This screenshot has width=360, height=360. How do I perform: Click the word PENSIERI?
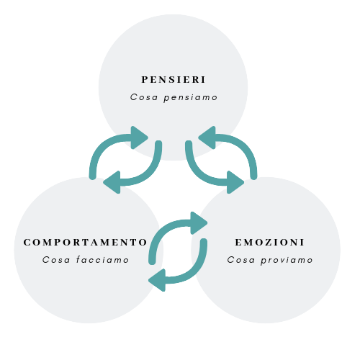point(174,80)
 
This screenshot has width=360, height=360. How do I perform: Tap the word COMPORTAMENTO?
point(85,242)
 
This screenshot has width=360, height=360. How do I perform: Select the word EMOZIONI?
point(270,242)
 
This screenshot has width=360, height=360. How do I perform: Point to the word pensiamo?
point(191,98)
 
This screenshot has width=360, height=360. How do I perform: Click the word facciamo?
point(103,260)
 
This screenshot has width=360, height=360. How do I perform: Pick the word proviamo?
point(287,261)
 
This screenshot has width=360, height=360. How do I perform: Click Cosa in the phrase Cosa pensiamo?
point(144,97)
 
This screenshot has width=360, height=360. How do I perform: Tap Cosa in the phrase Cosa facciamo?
point(56,260)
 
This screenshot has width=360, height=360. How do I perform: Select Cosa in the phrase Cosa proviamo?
point(241,260)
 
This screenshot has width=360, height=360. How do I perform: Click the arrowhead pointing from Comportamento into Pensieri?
point(139,138)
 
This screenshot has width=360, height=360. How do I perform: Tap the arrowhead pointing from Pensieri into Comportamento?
point(112,182)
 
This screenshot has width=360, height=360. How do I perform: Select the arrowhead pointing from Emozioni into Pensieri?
point(207,138)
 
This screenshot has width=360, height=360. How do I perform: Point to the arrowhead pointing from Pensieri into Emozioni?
point(235,182)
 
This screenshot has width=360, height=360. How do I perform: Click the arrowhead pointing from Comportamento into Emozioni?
point(199,223)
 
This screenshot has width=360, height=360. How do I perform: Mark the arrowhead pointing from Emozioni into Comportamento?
point(158,280)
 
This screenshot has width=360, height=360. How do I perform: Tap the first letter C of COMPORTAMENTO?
point(27,242)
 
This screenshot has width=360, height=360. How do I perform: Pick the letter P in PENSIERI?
point(144,80)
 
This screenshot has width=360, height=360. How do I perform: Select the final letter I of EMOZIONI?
point(302,242)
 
